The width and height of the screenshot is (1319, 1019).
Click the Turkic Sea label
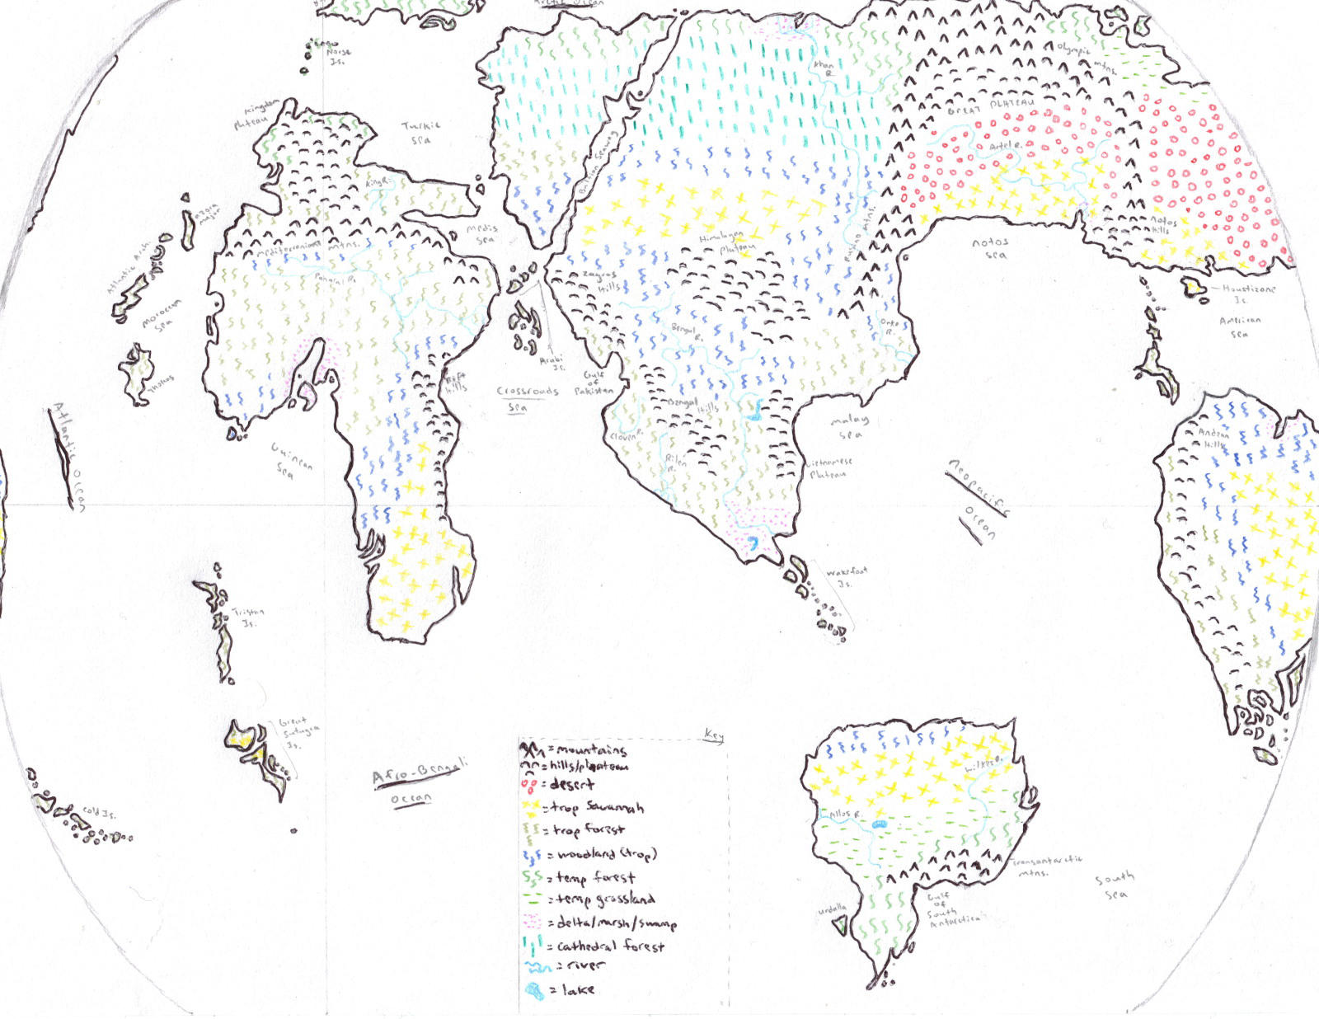coord(421,133)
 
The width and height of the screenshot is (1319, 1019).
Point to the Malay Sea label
coord(849,426)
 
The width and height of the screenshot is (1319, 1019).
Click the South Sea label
coord(1115,885)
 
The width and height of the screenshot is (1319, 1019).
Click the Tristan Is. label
coord(247,617)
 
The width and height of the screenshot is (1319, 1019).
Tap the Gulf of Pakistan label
coord(594,383)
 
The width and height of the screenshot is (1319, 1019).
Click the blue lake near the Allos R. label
coord(879,824)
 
